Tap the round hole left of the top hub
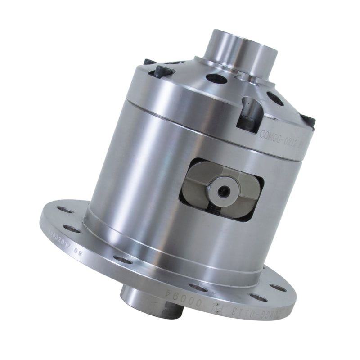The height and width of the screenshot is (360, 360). (x=216, y=78)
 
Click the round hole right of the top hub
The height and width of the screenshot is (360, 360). (x=274, y=99)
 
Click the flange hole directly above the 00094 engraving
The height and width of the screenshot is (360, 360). (x=197, y=286)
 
